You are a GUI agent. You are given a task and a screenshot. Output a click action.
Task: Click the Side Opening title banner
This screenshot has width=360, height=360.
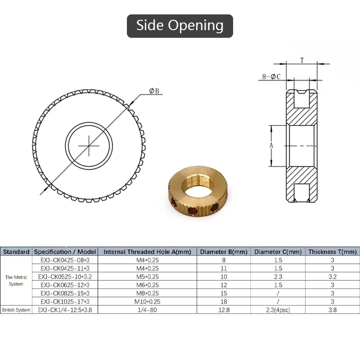[x=180, y=26]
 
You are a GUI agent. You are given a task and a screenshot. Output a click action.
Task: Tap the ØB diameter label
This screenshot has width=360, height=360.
[x=154, y=91]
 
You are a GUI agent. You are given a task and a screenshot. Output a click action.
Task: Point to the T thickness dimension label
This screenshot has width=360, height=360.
[x=302, y=59]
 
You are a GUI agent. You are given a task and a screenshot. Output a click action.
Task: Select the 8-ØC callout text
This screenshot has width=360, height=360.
[x=271, y=76]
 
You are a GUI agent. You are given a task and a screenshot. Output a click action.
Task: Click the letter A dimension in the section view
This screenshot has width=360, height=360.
[x=271, y=145]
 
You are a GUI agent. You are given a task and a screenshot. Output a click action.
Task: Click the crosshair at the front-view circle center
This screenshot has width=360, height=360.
[x=90, y=145]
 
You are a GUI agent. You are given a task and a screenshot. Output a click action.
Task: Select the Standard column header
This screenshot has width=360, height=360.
[x=16, y=252]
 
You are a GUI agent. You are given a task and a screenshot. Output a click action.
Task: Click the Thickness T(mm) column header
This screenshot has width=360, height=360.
[x=332, y=252]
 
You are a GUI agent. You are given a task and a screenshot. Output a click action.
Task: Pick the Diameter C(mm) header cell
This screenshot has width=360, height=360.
[x=278, y=252]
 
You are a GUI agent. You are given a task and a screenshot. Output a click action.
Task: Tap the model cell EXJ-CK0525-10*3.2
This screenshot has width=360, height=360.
[x=65, y=276]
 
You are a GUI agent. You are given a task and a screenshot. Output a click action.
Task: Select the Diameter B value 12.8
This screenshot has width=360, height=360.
[x=223, y=310]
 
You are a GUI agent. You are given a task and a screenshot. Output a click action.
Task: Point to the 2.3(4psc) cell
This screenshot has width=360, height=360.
[x=278, y=310]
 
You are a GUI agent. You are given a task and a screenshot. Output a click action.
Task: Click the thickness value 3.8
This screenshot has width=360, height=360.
[x=332, y=310]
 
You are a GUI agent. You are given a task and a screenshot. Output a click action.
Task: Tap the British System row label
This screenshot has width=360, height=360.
[x=16, y=310]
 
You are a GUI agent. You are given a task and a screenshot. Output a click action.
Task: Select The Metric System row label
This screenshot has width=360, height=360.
[x=16, y=280]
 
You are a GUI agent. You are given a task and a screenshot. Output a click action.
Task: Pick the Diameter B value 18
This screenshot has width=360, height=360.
[x=223, y=301]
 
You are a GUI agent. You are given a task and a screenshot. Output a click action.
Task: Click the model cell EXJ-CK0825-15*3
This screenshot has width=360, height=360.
[x=65, y=293]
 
